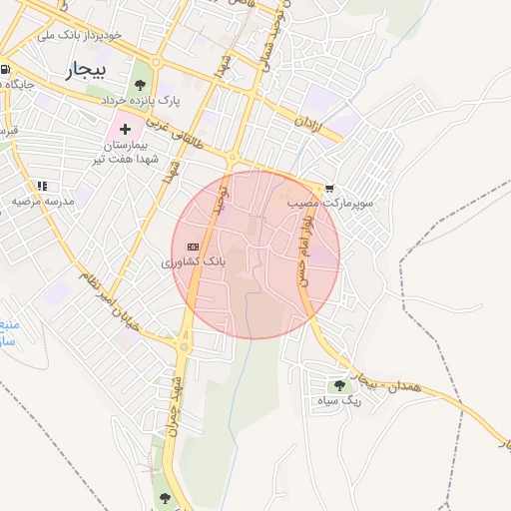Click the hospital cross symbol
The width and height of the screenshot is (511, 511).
[x=125, y=130]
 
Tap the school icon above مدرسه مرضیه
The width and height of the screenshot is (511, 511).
[x=42, y=186]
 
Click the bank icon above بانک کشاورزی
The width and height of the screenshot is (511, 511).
[x=193, y=246]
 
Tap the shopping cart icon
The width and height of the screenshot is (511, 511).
[x=329, y=188]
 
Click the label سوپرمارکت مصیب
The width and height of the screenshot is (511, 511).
[x=330, y=203]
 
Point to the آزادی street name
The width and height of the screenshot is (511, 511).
[x=308, y=125]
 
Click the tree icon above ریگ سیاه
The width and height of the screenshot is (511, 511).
[x=340, y=384]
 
